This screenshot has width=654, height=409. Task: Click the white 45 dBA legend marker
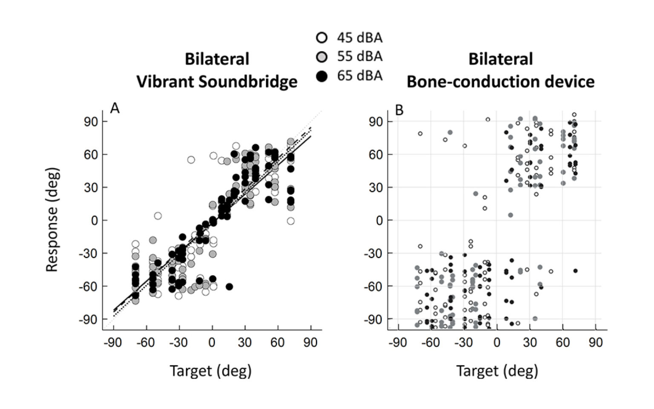[322, 38]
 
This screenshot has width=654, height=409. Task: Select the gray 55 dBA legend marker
[322, 57]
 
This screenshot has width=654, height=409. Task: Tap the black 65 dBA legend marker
[322, 76]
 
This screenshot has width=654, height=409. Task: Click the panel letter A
[115, 109]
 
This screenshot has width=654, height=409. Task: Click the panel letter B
[399, 110]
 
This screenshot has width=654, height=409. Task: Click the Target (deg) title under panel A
[211, 371]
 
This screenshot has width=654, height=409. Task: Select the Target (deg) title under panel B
[497, 371]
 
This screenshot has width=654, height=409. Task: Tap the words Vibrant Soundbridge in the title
[217, 81]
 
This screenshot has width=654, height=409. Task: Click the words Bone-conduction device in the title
[500, 81]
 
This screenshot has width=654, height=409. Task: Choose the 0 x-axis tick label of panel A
[212, 343]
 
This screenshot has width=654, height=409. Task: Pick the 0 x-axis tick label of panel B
[497, 343]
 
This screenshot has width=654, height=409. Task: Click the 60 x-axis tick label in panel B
[562, 343]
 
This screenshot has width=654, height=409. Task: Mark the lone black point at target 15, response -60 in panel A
[229, 286]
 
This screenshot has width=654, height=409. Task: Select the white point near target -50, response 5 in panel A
[158, 216]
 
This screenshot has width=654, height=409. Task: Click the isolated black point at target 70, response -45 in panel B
[575, 271]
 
